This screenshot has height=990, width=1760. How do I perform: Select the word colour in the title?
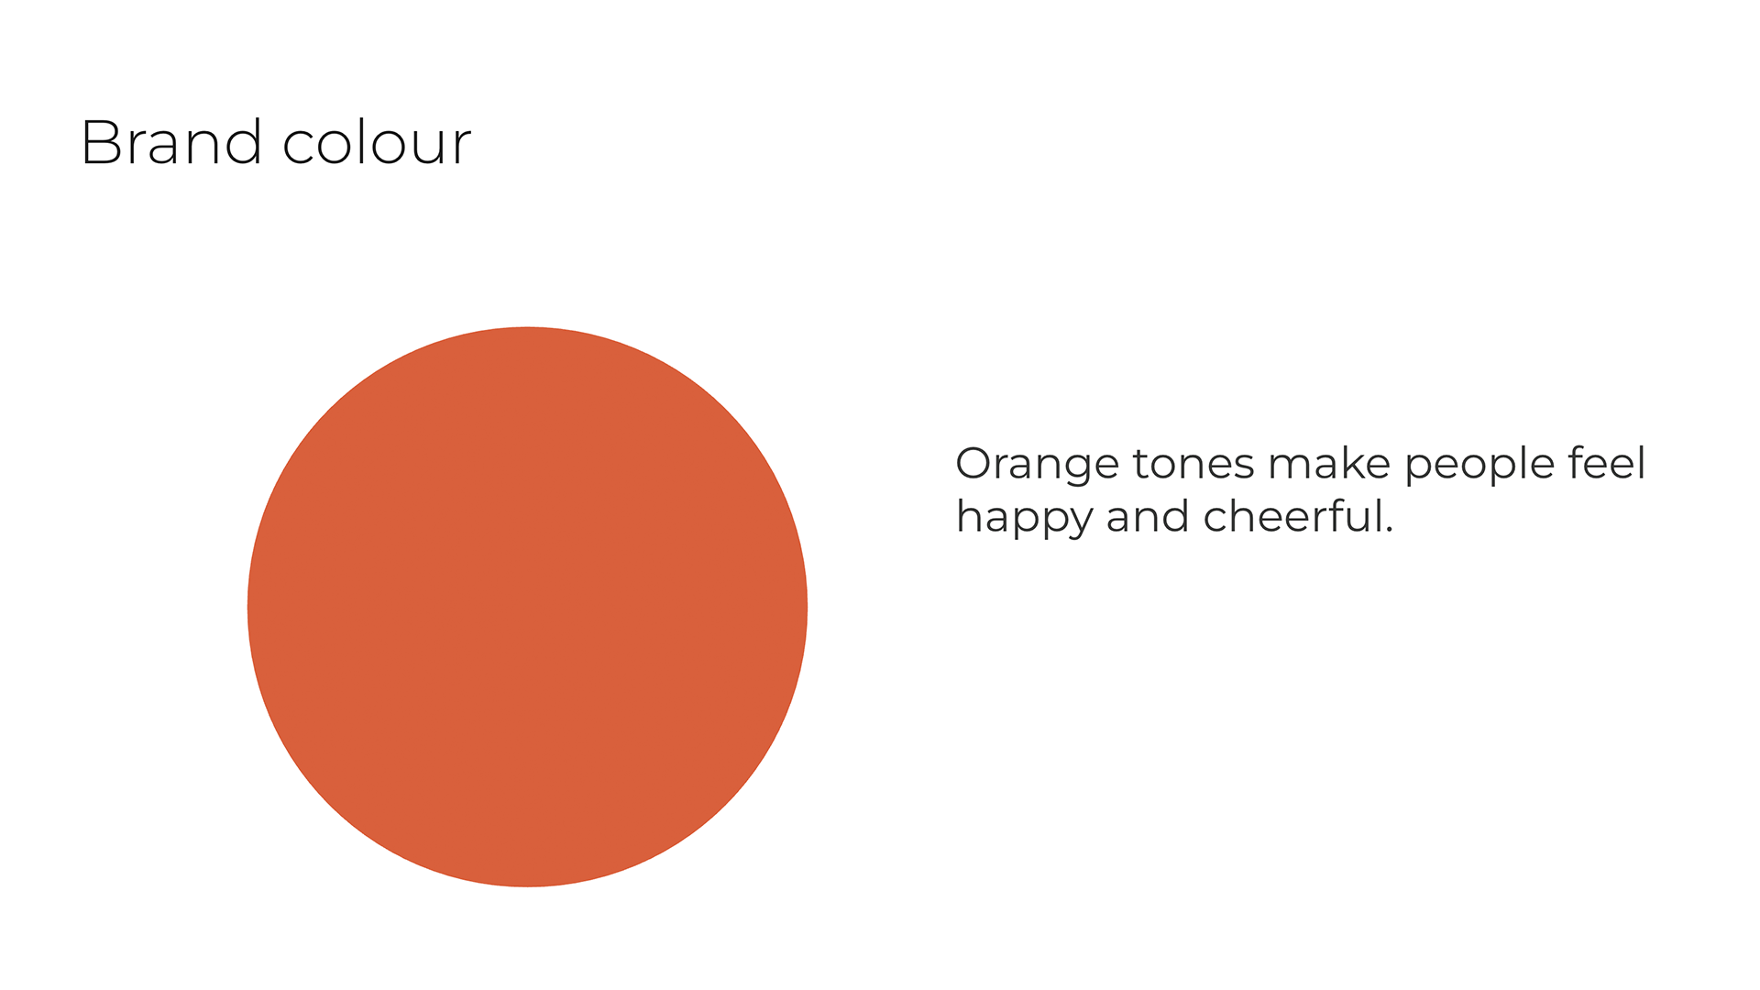coord(377,142)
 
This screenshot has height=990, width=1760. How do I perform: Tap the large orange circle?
coord(527,607)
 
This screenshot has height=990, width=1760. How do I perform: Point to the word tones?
coord(1193,464)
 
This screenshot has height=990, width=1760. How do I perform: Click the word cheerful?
coord(1292,516)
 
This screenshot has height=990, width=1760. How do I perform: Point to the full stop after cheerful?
coord(1389,531)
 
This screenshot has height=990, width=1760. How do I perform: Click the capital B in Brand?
coord(99,143)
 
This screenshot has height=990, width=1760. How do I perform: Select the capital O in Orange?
coord(973,464)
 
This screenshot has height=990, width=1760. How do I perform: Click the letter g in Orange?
coord(1073,470)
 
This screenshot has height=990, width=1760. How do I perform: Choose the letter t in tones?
coord(1142,465)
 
